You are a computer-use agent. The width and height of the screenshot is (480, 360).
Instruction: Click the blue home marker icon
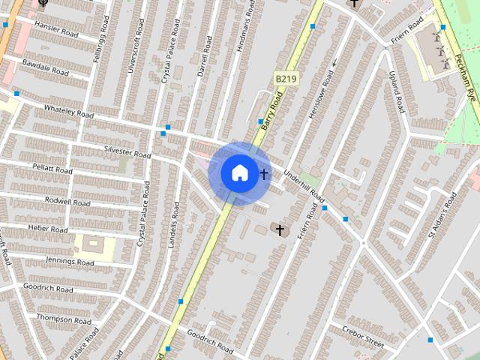tap(239, 172)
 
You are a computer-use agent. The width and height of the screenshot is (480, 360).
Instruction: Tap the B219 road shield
tap(284, 78)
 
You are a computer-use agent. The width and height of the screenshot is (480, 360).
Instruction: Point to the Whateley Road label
tap(68, 110)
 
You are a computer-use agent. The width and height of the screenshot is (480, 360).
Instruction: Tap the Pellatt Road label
tap(52, 168)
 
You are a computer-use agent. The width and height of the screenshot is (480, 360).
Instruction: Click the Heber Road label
tap(48, 228)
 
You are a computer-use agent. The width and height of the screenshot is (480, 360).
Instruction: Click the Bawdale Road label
tap(45, 68)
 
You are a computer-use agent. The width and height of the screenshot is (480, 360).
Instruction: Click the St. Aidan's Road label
tap(442, 214)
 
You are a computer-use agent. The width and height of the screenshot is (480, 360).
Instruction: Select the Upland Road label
tap(397, 92)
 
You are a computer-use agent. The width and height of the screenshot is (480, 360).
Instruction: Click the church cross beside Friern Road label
tap(280, 229)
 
